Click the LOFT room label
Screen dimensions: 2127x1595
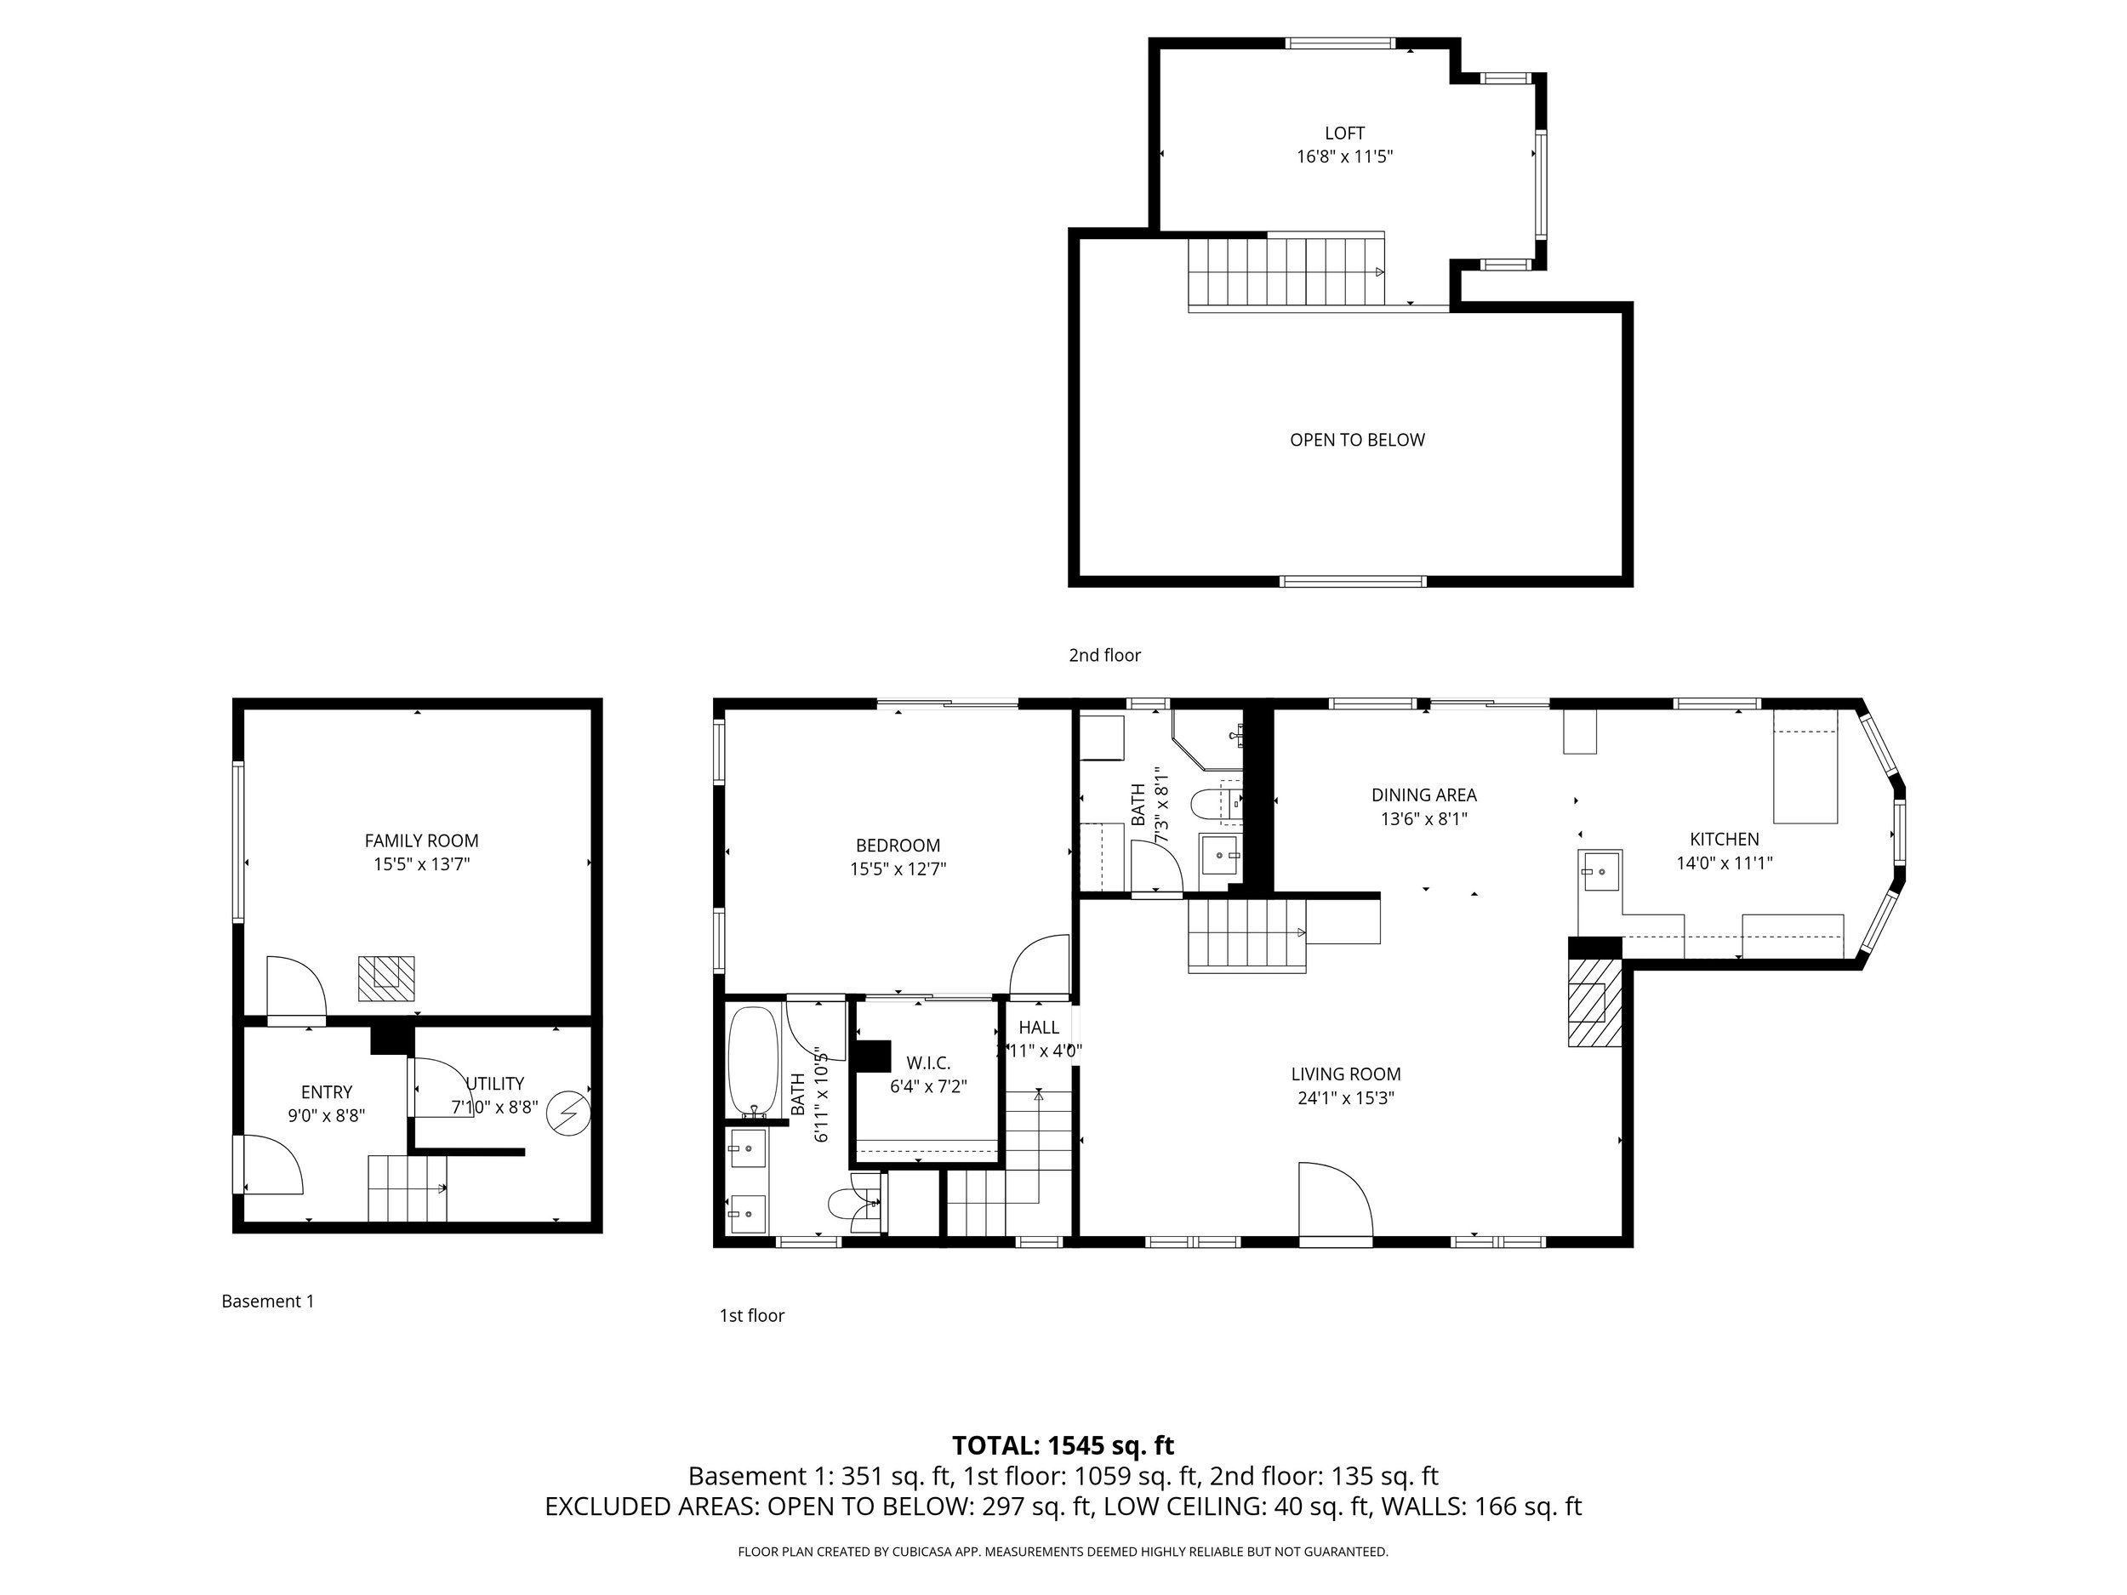tap(1344, 134)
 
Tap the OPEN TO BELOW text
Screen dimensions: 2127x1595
tap(1357, 441)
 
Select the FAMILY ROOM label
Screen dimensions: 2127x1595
tap(421, 840)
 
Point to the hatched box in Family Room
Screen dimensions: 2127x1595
tap(386, 979)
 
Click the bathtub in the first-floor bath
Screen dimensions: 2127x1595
tap(753, 1062)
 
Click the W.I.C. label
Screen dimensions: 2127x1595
tap(928, 1063)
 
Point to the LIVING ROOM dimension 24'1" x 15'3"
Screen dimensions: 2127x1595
tap(1345, 1098)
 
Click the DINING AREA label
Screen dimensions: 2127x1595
tap(1424, 795)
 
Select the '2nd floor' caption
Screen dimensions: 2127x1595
tap(1105, 655)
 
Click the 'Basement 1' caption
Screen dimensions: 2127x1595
tap(267, 1301)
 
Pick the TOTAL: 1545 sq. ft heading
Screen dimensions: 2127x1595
tap(1063, 1445)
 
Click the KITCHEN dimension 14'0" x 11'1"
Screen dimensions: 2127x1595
tap(1724, 863)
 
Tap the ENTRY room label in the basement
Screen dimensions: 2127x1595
tap(327, 1092)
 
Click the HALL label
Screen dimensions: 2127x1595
tap(1039, 1028)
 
